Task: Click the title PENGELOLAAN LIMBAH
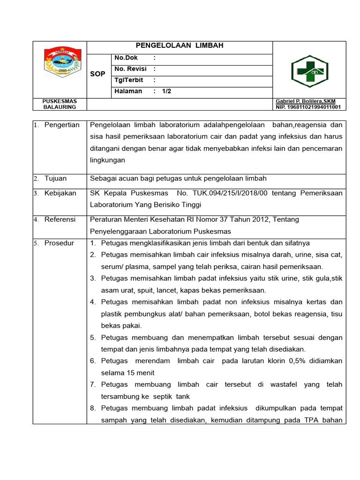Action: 179,45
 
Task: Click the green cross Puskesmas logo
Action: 309,70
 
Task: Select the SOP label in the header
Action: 97,74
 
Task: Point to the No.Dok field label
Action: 124,58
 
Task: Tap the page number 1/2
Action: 166,91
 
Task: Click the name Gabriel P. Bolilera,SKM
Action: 306,101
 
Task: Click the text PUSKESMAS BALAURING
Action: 60,104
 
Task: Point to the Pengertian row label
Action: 62,125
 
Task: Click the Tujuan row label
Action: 55,178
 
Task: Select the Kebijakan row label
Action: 60,193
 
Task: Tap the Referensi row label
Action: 60,219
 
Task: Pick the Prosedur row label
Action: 59,243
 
